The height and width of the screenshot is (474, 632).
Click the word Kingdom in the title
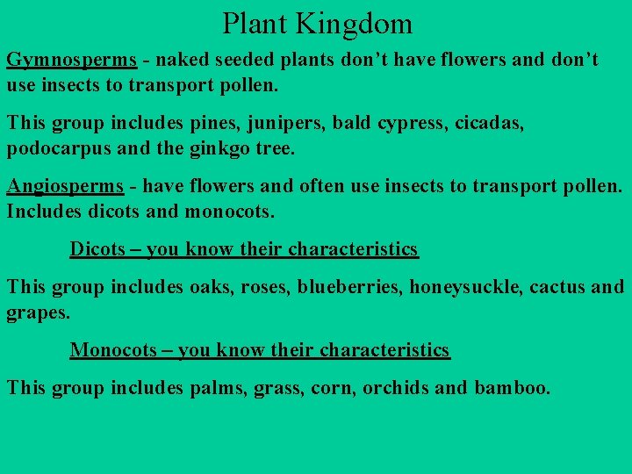361,23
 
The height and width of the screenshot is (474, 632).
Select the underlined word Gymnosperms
72,61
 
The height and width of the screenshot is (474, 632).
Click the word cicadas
490,124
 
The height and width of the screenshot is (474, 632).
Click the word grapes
36,312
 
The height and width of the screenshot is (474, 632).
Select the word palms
217,387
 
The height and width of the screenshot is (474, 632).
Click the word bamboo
513,387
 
